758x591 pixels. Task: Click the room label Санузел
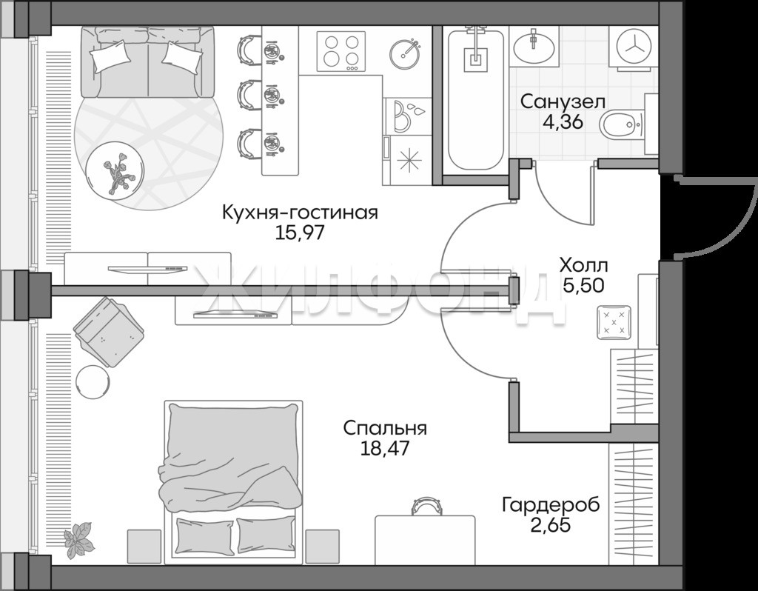(x=563, y=102)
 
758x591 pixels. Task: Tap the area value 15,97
(x=299, y=233)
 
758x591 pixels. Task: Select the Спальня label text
(x=385, y=428)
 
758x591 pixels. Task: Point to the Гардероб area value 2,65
(x=551, y=524)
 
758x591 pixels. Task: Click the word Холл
(x=583, y=265)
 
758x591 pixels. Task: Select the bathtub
(x=476, y=99)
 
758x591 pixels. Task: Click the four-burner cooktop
(x=341, y=51)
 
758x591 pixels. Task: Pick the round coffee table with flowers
(x=115, y=168)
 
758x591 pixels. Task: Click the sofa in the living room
(x=147, y=61)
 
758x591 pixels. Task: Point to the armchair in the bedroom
(x=109, y=333)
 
